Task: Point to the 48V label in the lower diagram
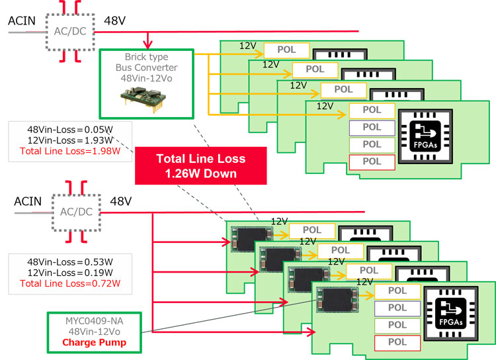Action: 122,201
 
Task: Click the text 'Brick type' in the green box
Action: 147,57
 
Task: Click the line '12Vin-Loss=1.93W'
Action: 69,140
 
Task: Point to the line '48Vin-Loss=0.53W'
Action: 69,261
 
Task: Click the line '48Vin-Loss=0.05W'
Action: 69,128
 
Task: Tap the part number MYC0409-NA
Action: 94,321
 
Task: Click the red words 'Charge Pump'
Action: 94,342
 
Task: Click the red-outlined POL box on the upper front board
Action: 372,161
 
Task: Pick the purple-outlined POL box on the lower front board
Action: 397,307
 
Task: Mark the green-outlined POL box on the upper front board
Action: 372,144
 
